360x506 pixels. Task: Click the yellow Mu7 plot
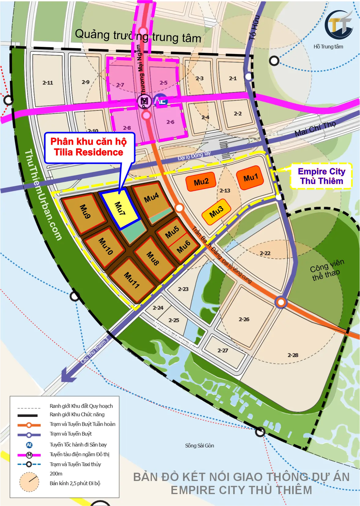pyautogui.click(x=120, y=209)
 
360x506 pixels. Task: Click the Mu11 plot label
pyautogui.click(x=132, y=280)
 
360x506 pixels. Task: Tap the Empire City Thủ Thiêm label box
pyautogui.click(x=321, y=176)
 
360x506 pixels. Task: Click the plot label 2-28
pyautogui.click(x=292, y=355)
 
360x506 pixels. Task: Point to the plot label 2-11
pyautogui.click(x=48, y=83)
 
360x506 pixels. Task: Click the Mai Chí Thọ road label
pyautogui.click(x=315, y=128)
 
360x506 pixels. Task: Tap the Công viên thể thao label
pyautogui.click(x=326, y=270)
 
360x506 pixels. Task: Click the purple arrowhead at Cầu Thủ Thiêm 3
pyautogui.click(x=68, y=375)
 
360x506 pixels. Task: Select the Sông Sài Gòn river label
pyautogui.click(x=199, y=446)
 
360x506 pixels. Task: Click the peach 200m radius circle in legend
pyautogui.click(x=29, y=482)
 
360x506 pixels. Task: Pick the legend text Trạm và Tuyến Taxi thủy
pyautogui.click(x=75, y=464)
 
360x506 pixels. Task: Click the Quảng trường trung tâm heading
pyautogui.click(x=138, y=36)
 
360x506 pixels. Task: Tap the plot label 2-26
pyautogui.click(x=244, y=319)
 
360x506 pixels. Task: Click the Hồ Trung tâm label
pyautogui.click(x=328, y=47)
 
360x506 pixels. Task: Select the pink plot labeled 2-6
pyautogui.click(x=170, y=122)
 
